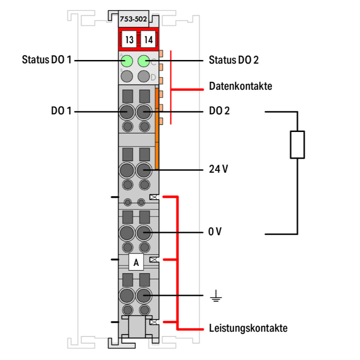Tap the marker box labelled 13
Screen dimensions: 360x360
tap(128, 40)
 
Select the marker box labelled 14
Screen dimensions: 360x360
tap(147, 40)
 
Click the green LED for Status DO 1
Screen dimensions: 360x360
tap(127, 61)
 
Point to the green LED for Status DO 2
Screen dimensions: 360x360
tap(144, 61)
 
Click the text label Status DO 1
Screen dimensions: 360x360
tap(47, 60)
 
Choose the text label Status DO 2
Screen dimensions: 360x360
tap(234, 60)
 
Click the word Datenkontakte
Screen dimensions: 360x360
tap(240, 86)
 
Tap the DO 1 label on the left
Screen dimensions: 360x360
tap(61, 111)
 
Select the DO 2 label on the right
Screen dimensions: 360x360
tap(219, 111)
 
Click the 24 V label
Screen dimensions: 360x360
tap(218, 169)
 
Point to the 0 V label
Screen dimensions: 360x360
tap(215, 232)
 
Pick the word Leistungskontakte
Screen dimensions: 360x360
tap(248, 329)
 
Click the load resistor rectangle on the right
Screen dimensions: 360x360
tap(297, 144)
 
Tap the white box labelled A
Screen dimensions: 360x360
tap(136, 263)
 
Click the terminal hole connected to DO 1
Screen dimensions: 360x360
tap(127, 112)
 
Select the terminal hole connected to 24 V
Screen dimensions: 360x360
tap(144, 170)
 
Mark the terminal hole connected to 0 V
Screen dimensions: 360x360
tap(144, 233)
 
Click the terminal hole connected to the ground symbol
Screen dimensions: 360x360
tap(144, 295)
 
